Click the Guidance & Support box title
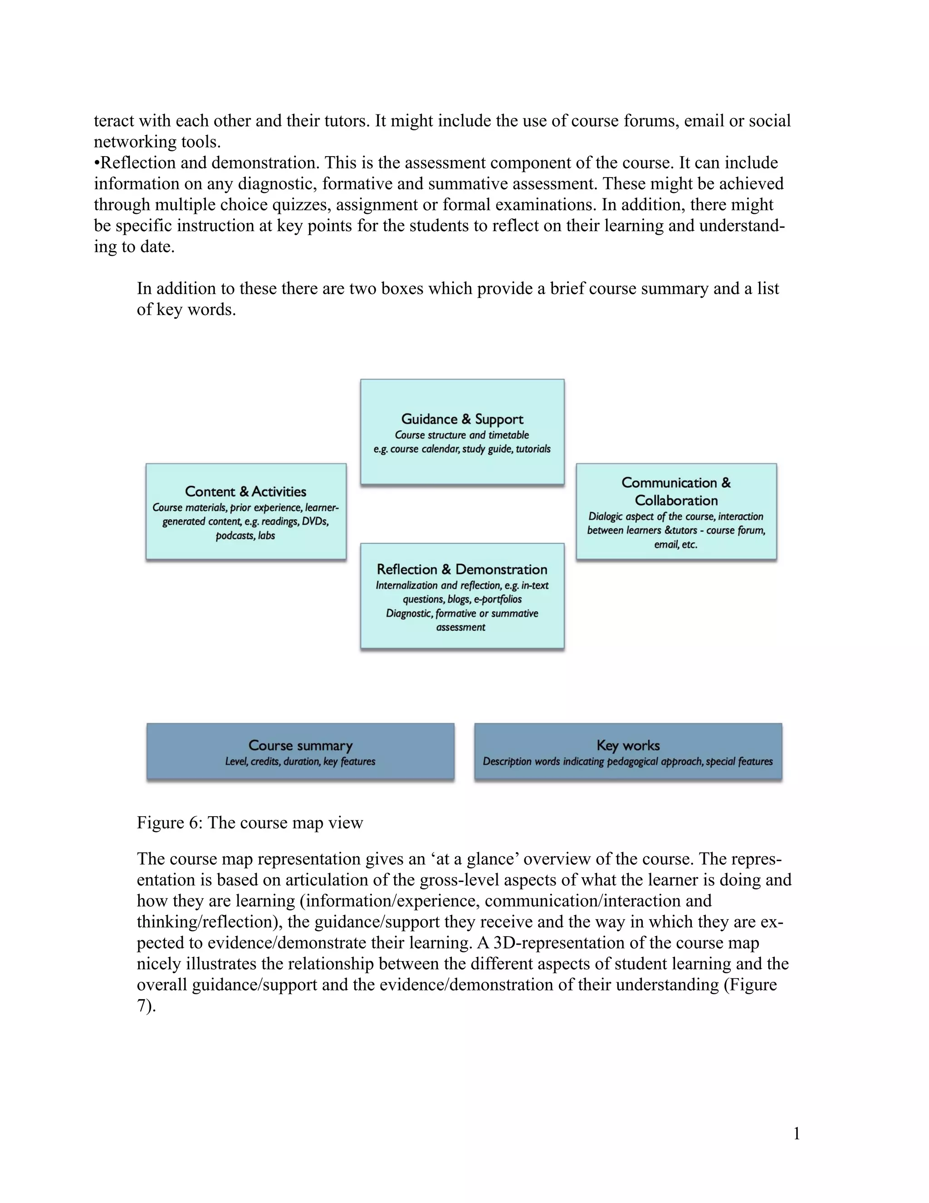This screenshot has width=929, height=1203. click(462, 419)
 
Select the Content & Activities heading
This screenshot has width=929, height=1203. click(245, 491)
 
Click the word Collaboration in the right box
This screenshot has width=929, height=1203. click(676, 500)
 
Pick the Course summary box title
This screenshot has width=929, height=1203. click(300, 745)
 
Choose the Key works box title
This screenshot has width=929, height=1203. click(628, 745)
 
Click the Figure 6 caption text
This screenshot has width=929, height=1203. click(250, 823)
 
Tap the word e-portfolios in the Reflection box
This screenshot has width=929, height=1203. click(498, 599)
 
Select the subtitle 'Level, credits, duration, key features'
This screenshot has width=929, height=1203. click(300, 761)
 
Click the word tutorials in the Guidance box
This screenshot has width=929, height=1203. click(533, 449)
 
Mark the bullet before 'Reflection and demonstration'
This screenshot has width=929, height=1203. click(97, 163)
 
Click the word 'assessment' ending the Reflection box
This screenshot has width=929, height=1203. click(461, 627)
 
